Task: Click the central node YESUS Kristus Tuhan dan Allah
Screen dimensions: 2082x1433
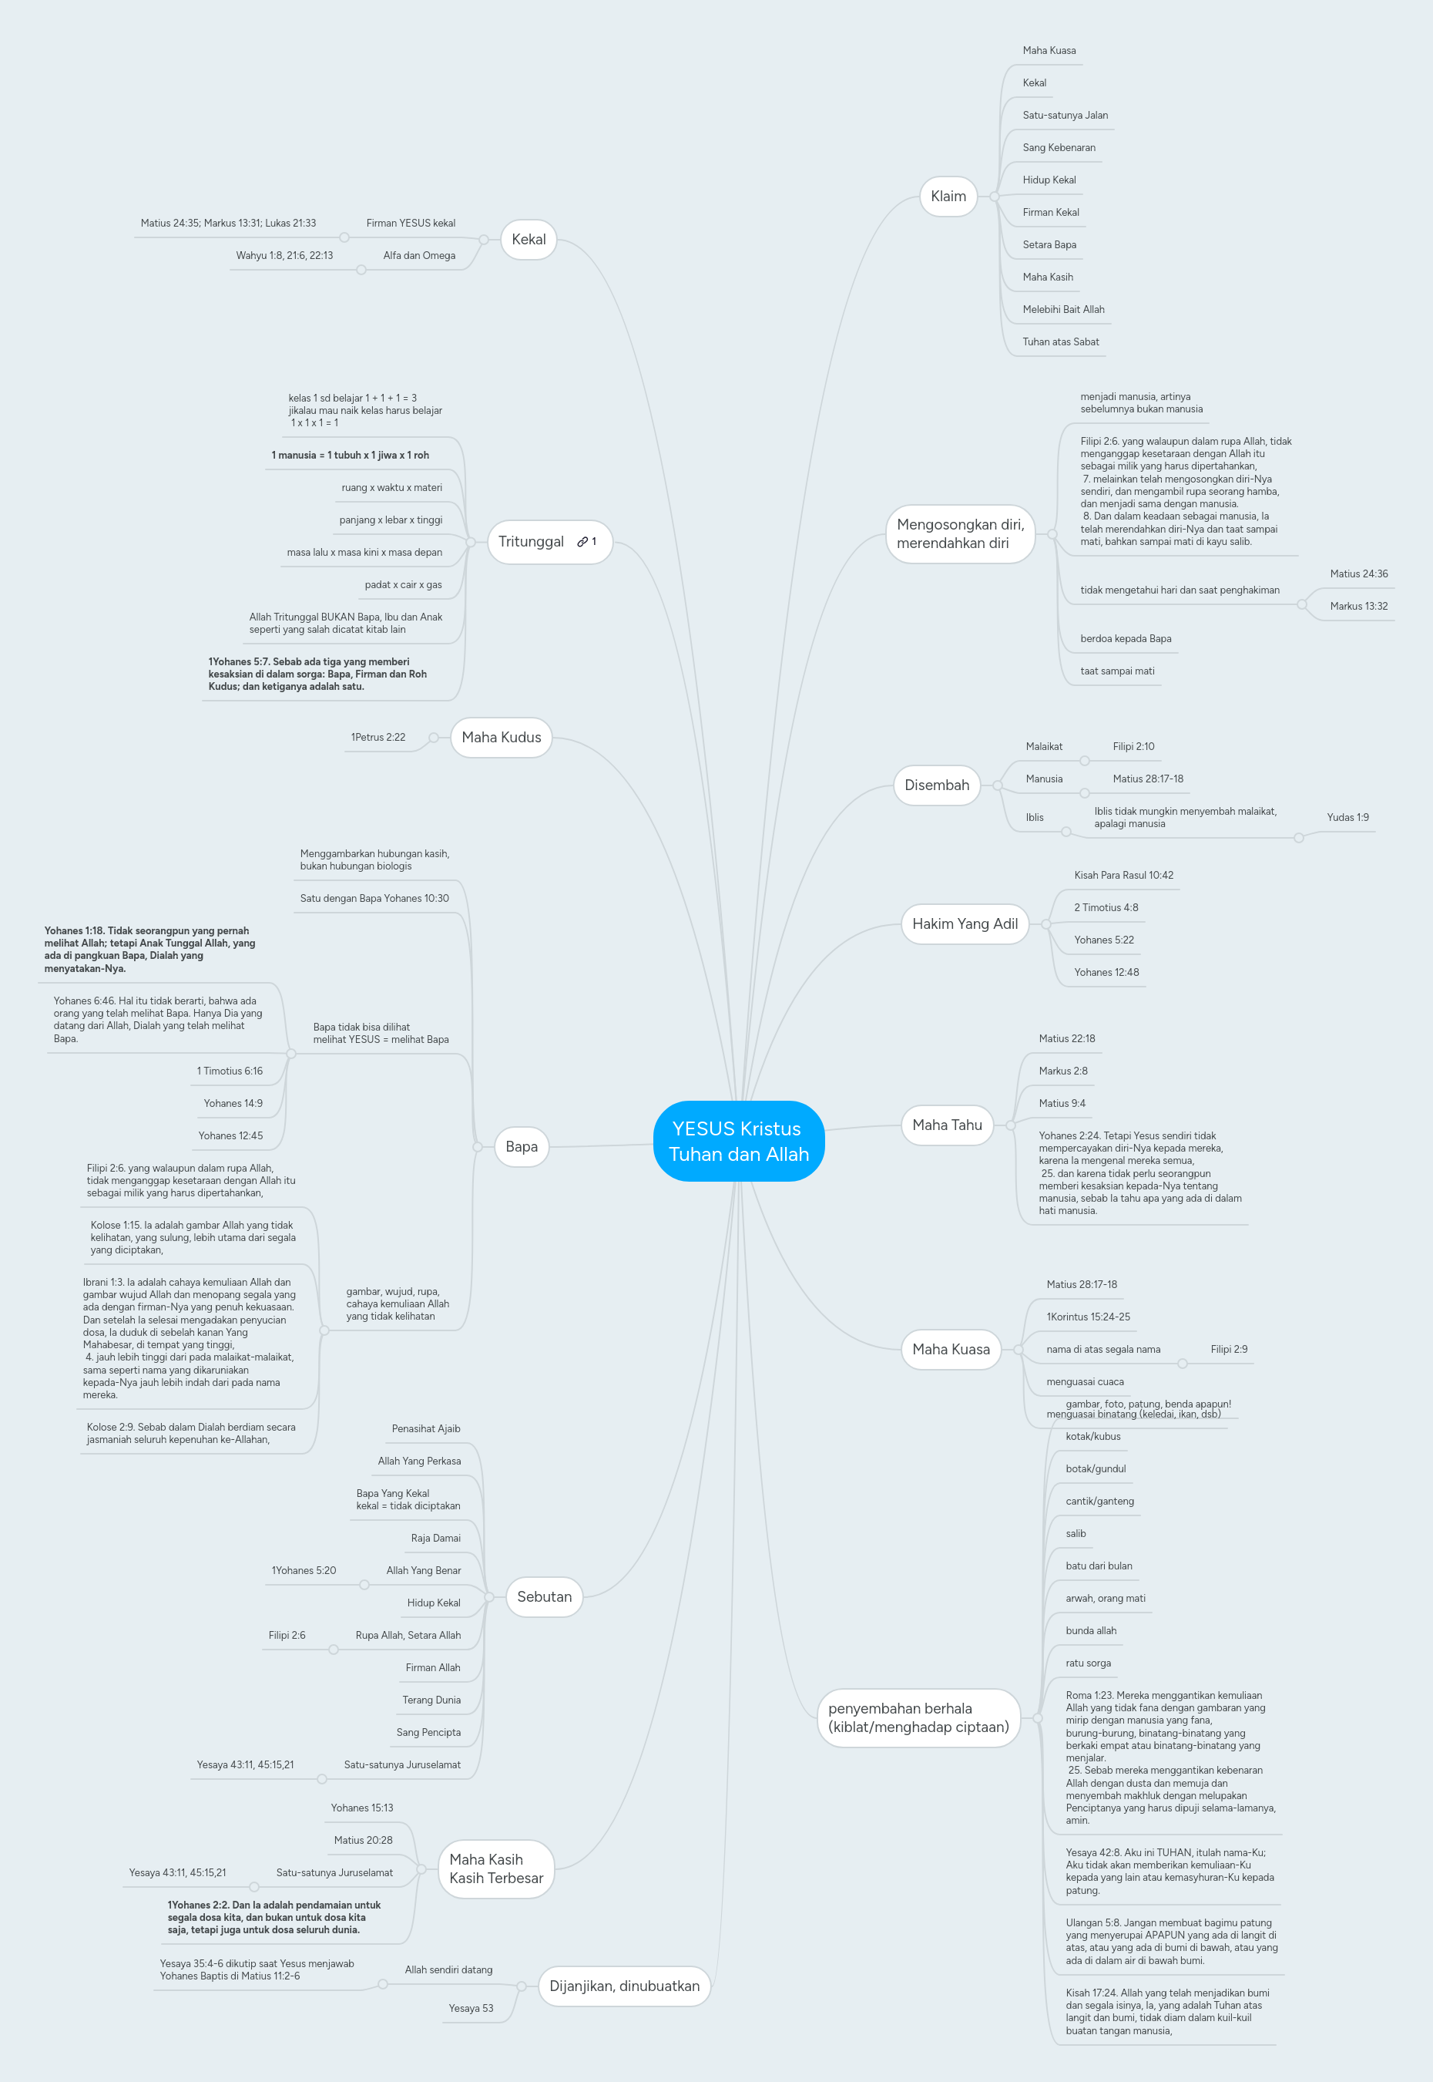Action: coord(738,1141)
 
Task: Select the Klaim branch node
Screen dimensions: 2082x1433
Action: coord(948,197)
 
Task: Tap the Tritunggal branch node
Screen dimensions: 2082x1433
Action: coord(532,542)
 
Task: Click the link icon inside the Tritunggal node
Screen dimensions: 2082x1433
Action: coord(582,542)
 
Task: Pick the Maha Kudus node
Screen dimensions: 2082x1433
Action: coord(501,738)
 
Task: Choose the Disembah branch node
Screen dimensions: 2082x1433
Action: coord(937,785)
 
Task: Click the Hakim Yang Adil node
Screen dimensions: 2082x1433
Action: coord(965,923)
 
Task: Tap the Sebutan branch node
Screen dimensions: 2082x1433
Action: coord(544,1596)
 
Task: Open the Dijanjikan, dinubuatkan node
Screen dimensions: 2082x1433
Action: coord(624,1986)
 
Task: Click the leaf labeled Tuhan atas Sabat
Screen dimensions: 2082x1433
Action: coord(1060,342)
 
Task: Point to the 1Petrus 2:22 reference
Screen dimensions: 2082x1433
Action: coord(378,738)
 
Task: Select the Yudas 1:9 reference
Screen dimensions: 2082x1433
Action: coord(1347,817)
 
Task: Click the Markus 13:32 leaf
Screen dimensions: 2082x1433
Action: coord(1357,607)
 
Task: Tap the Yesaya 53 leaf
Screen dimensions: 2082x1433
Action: coord(471,2008)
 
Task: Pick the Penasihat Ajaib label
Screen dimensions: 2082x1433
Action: coord(425,1429)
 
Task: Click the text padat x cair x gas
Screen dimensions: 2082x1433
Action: coord(403,585)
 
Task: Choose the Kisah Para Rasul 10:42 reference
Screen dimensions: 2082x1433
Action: coord(1123,875)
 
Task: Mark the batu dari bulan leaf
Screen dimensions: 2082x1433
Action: coord(1098,1566)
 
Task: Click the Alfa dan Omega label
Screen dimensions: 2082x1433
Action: coord(418,256)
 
